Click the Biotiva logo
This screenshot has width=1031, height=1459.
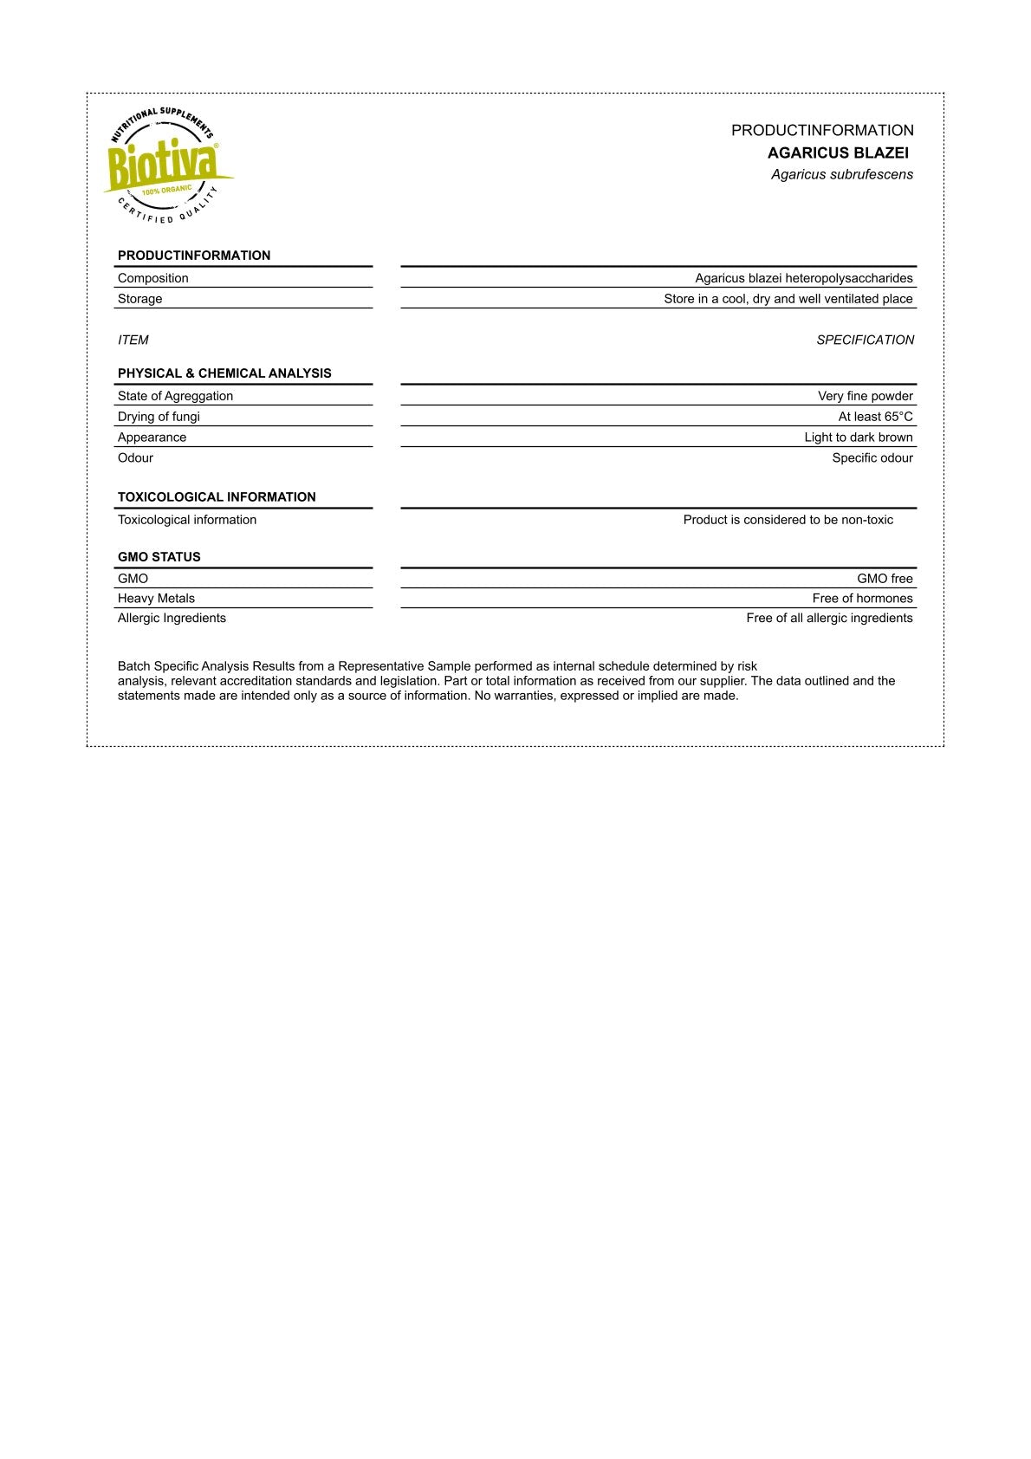click(166, 165)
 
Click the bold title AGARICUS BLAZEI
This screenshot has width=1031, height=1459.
click(838, 153)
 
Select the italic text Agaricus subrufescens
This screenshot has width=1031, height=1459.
click(842, 175)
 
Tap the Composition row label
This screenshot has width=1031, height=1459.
click(153, 278)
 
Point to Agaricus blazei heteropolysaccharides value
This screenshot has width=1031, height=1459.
click(803, 278)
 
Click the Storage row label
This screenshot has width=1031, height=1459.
click(140, 299)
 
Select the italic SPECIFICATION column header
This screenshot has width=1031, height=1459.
click(865, 340)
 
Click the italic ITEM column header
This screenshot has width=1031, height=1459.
click(133, 340)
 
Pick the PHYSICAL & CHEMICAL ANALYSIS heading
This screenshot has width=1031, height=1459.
click(224, 373)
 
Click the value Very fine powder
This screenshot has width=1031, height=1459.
click(865, 396)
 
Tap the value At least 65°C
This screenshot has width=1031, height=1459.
click(875, 417)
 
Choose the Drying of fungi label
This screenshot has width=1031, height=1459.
click(159, 417)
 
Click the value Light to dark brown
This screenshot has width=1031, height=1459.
click(858, 438)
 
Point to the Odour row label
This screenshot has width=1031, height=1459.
click(135, 458)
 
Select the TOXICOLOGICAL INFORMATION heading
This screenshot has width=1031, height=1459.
click(217, 497)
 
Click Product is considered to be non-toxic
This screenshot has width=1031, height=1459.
click(788, 520)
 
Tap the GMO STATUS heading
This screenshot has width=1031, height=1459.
click(159, 557)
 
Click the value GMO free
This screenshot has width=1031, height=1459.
click(885, 579)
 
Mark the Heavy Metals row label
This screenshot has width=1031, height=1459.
click(156, 599)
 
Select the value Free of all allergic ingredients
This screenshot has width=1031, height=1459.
click(829, 619)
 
